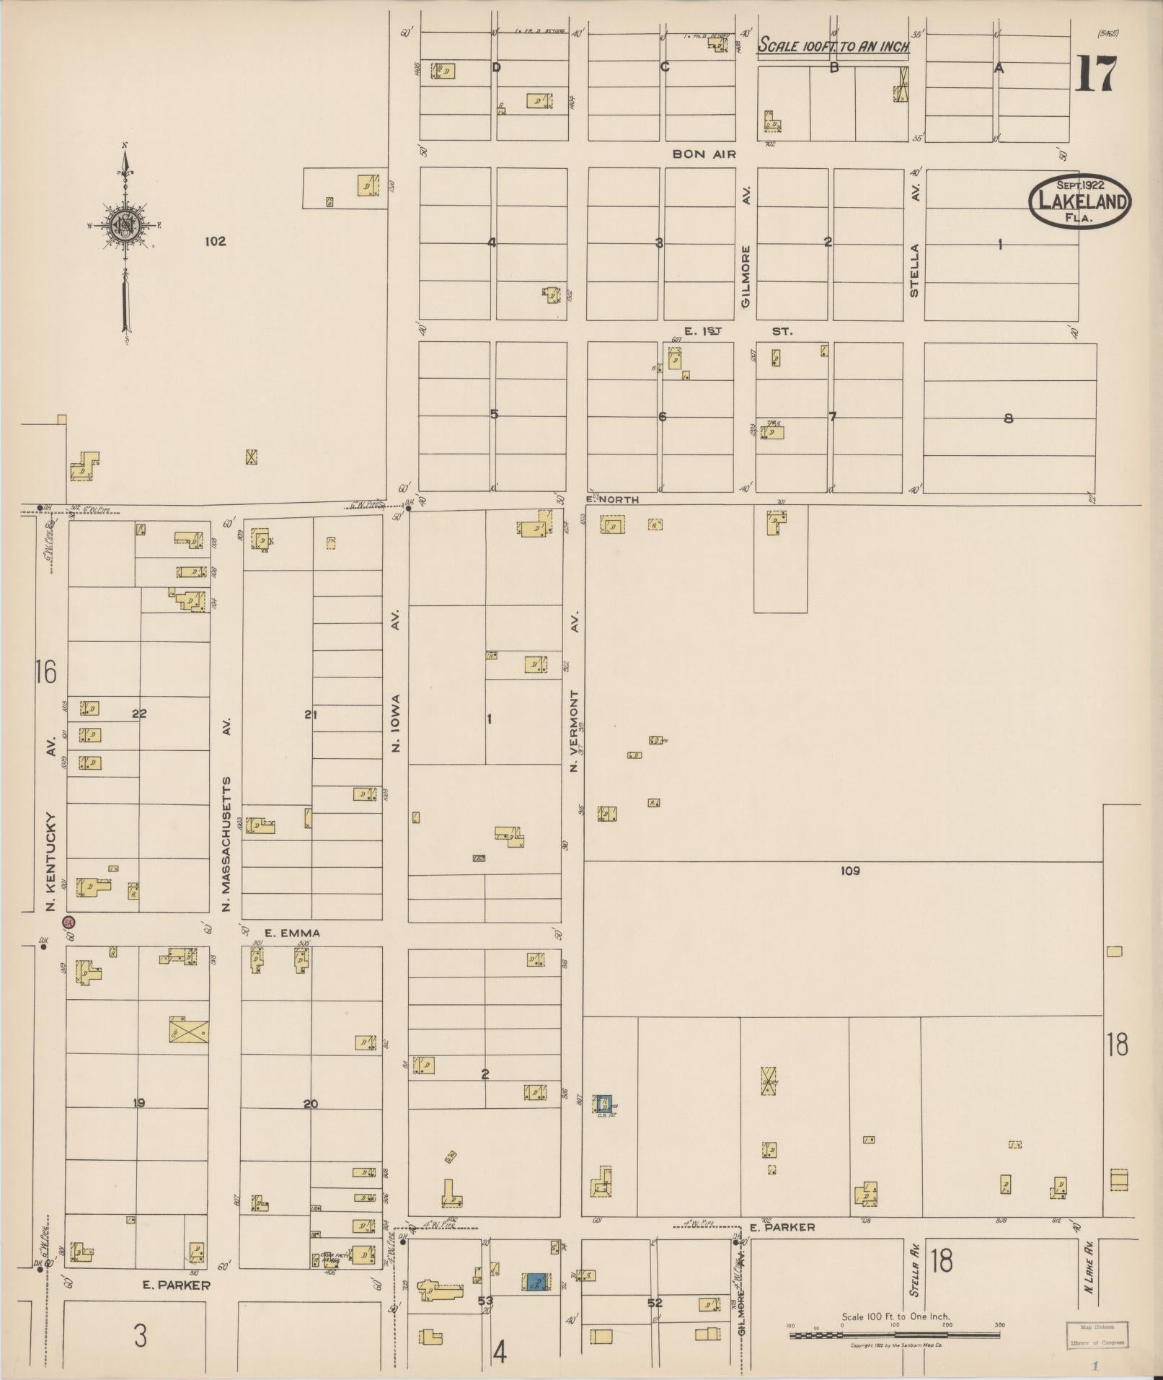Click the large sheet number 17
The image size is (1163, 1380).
point(1095,75)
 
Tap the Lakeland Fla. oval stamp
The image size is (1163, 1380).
point(1079,202)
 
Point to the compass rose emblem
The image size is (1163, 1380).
point(125,226)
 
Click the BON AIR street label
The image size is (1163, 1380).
point(704,154)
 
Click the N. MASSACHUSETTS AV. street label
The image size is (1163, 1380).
point(226,815)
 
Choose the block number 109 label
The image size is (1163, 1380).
point(850,871)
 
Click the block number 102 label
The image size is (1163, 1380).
point(215,242)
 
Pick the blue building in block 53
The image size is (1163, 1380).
point(535,1281)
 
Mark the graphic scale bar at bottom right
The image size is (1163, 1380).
point(894,1335)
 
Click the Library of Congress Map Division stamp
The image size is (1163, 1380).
point(1096,1335)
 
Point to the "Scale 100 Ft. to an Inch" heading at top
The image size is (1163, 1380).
point(833,47)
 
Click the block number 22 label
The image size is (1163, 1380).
point(139,713)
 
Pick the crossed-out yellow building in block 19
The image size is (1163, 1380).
point(188,1029)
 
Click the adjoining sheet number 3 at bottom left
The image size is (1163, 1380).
point(141,1336)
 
